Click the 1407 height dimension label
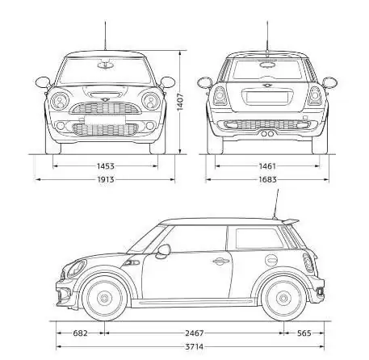click(x=180, y=102)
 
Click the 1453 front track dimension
click(x=106, y=166)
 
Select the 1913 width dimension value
click(x=106, y=179)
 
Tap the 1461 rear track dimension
click(x=267, y=166)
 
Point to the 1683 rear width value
click(x=267, y=179)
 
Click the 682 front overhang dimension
click(x=80, y=333)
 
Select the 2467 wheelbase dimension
click(x=194, y=333)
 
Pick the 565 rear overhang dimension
click(x=304, y=333)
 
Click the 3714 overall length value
click(x=194, y=347)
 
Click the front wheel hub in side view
click(x=104, y=298)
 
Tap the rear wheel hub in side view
click(x=283, y=298)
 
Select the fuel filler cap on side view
click(x=271, y=260)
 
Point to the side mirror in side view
click(x=164, y=251)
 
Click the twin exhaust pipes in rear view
click(x=267, y=134)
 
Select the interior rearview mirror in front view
click(x=105, y=65)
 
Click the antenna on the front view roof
click(x=105, y=35)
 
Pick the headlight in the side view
click(x=75, y=269)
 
